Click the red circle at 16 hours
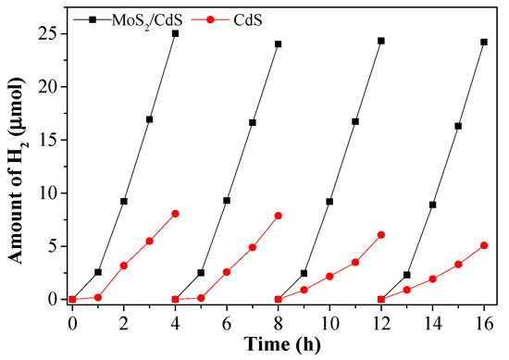click(x=483, y=245)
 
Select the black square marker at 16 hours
click(x=483, y=42)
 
